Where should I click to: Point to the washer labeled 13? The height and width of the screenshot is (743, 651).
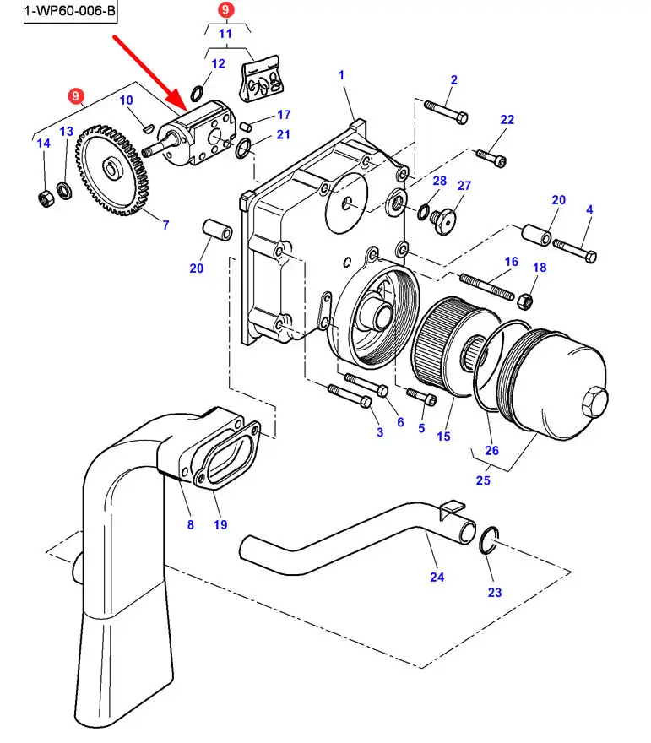tap(64, 186)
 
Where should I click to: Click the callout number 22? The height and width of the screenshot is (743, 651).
tap(507, 119)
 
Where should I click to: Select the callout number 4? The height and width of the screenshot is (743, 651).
tap(589, 209)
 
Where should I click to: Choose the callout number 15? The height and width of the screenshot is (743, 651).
tap(443, 437)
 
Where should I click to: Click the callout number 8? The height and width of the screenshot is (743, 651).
tap(190, 524)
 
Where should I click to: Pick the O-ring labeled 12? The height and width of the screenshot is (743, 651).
tap(196, 92)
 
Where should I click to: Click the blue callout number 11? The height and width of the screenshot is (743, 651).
tap(225, 35)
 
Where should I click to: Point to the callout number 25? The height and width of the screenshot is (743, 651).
tap(484, 480)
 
